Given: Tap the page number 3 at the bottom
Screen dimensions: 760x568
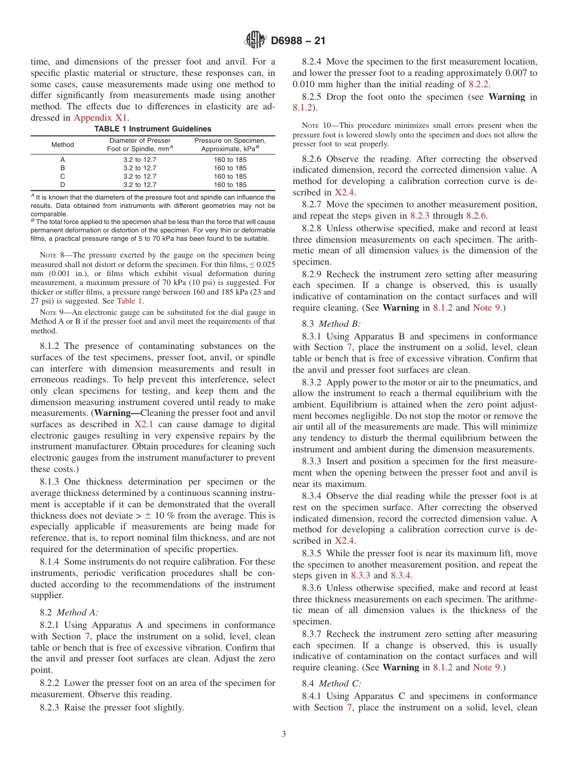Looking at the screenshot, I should (283, 734).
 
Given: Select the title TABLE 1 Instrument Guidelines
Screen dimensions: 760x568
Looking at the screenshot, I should (153, 128).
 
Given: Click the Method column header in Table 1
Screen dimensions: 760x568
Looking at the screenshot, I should (63, 145).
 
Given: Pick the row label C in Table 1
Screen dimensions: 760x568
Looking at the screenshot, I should (63, 176).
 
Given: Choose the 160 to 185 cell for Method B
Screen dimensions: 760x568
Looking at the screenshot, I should (230, 168).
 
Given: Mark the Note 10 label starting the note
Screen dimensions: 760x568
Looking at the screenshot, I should (314, 125).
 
